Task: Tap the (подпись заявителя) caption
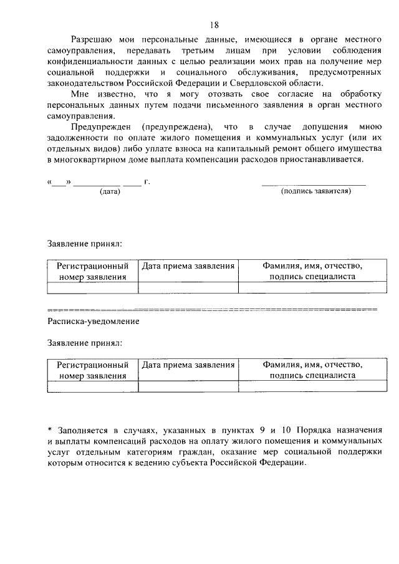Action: (x=316, y=191)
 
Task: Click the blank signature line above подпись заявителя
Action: (x=314, y=184)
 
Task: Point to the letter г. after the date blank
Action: (x=147, y=183)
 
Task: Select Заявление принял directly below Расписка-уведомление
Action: (x=85, y=343)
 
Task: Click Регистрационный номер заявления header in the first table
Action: (x=92, y=272)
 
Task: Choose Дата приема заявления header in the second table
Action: (x=188, y=365)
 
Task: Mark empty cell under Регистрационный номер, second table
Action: (x=92, y=386)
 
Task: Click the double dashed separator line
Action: (x=212, y=309)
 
